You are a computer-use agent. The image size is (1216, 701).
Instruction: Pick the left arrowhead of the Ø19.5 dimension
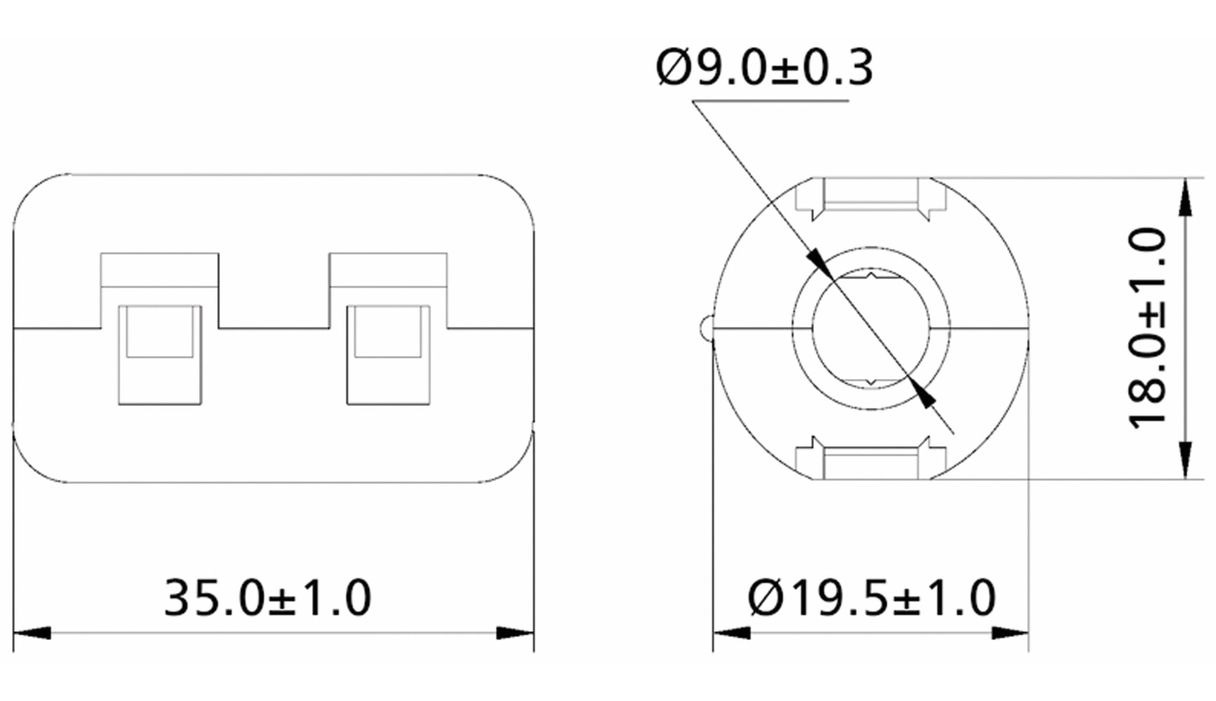[731, 633]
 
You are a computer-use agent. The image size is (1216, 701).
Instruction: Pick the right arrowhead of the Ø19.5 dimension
[1010, 633]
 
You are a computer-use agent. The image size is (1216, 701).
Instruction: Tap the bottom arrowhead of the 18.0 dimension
[1185, 459]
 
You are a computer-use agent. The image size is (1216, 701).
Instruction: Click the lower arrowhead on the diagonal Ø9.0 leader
[924, 394]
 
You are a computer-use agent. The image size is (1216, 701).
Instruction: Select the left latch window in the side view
[160, 355]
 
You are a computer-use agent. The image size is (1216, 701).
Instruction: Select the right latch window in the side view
[388, 355]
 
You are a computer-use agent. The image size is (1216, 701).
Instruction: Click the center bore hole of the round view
[871, 328]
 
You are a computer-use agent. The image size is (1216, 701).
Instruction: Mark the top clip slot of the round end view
[870, 196]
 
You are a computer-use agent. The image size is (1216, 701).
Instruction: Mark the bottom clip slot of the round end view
[870, 461]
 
